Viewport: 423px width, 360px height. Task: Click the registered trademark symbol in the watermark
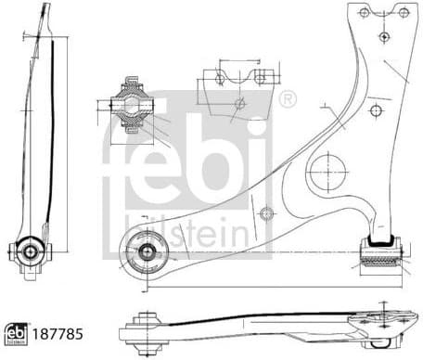point(287,97)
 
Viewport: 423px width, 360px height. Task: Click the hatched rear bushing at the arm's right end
point(380,251)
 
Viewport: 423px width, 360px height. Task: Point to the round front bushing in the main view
point(145,250)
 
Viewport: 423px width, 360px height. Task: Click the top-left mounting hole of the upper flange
point(365,12)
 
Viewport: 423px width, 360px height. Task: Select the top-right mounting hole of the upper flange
point(404,12)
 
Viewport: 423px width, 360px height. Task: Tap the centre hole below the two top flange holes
point(383,36)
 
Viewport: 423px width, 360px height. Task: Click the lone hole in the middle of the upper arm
point(375,110)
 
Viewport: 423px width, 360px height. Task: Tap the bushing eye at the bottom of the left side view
point(31,250)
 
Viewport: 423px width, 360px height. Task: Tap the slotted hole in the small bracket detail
point(261,76)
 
